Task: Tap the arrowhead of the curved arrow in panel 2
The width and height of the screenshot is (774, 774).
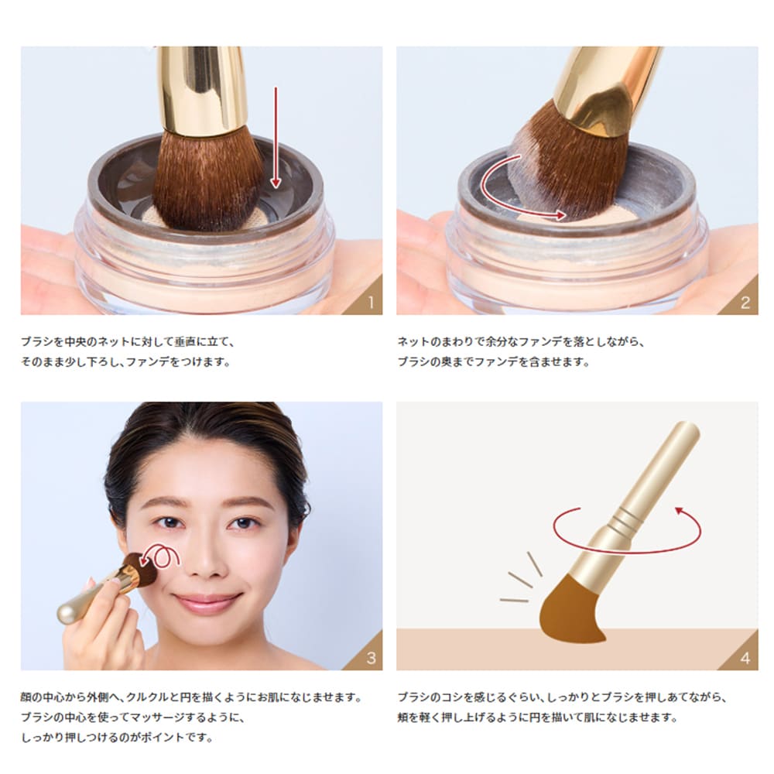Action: tap(560, 214)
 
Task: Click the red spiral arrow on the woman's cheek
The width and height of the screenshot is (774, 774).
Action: tap(159, 557)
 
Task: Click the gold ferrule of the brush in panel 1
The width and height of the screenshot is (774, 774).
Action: tap(202, 91)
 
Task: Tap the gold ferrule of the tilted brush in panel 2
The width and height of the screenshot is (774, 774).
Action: tap(604, 91)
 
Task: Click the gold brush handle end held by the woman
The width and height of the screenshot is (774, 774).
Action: tap(69, 611)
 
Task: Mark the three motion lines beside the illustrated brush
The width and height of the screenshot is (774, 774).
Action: tap(522, 577)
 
